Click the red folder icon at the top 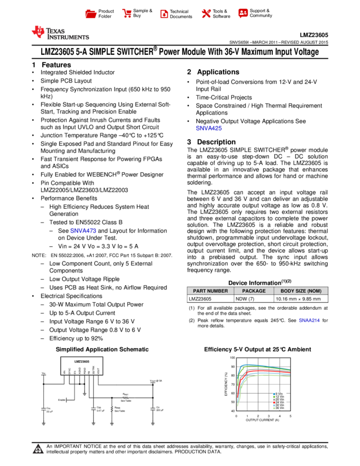91,14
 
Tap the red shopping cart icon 127,14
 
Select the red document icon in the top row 164,14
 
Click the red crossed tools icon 206,14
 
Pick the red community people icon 243,13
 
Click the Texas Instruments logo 60,33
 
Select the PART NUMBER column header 210,291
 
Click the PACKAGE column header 254,291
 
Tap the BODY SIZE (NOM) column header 301,291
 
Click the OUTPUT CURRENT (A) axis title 262,420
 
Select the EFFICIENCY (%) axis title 226,384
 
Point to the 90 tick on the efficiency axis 233,366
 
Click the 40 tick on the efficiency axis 233,411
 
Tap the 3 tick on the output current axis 269,416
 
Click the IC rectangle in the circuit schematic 82,365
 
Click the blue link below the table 309,321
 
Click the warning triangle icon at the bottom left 38,450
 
